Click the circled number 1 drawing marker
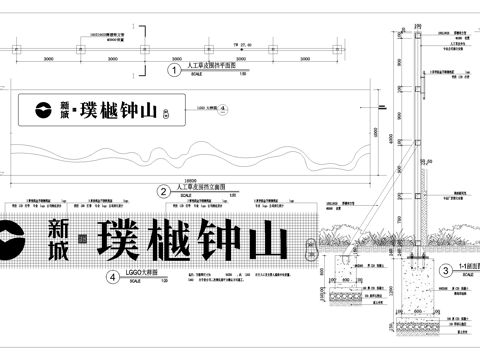pyautogui.click(x=173, y=70)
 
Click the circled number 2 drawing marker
pyautogui.click(x=163, y=190)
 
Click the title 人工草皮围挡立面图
pyautogui.click(x=199, y=186)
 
